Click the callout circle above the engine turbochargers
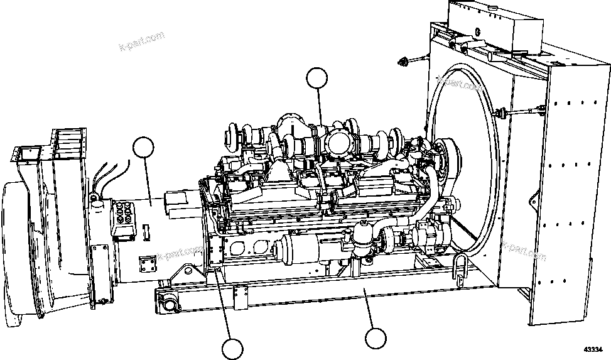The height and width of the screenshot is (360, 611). (x=317, y=79)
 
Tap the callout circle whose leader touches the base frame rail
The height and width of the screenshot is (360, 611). (x=375, y=337)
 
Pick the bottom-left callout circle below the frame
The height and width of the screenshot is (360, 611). (x=232, y=349)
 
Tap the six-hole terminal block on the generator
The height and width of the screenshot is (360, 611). (x=123, y=216)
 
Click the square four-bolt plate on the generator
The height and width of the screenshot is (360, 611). (x=146, y=264)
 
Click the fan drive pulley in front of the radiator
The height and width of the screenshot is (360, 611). (x=448, y=154)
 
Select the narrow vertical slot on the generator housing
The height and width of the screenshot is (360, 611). (x=146, y=232)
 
